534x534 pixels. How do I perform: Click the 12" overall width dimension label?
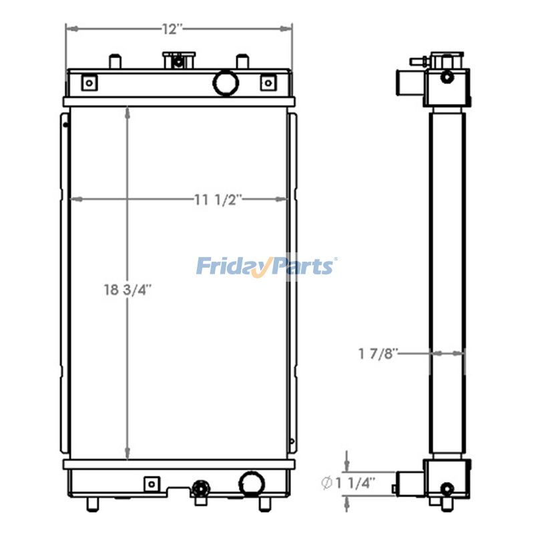[172, 29]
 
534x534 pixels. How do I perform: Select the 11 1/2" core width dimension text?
[218, 199]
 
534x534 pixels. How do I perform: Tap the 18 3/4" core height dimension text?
[127, 290]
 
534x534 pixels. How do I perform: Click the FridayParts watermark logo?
[266, 266]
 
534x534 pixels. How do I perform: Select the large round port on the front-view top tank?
[226, 82]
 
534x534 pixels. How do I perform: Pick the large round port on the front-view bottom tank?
[252, 483]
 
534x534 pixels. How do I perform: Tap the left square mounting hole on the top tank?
[88, 83]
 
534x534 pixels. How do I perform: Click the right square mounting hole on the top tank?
[267, 83]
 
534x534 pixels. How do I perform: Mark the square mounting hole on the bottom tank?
[152, 483]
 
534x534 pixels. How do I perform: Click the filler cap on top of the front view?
[178, 60]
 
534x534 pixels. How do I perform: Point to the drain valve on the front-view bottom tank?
[199, 491]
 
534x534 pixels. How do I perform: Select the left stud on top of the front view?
[113, 61]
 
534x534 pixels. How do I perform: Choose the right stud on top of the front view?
[242, 61]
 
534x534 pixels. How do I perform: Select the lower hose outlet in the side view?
[407, 482]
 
